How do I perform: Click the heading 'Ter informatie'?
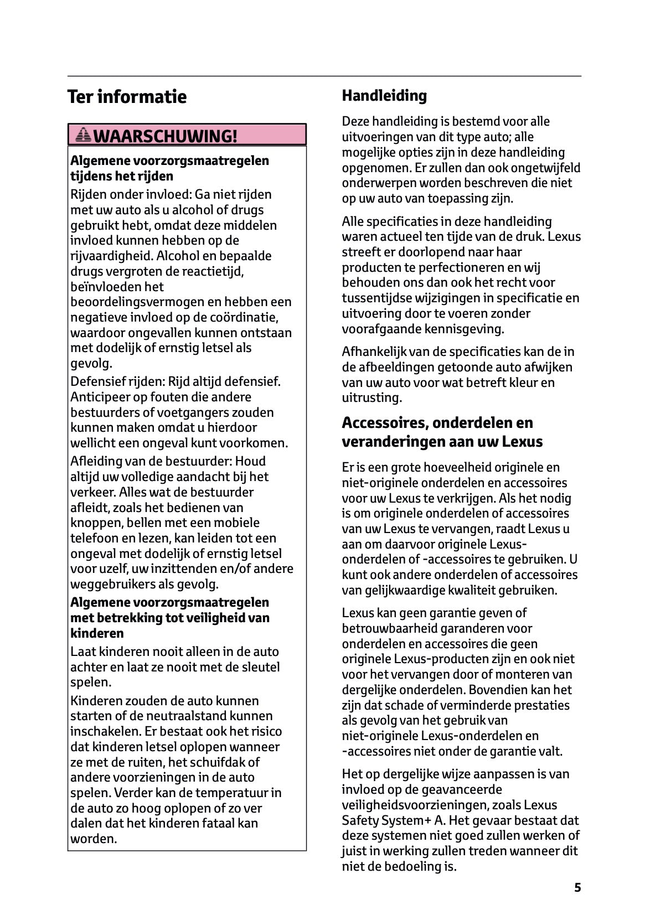[127, 97]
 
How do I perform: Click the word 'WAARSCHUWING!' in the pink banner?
[166, 136]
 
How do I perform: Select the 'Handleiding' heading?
[384, 96]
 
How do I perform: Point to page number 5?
[577, 888]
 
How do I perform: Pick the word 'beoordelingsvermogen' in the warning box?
[135, 302]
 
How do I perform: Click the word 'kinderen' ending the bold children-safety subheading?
[97, 633]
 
